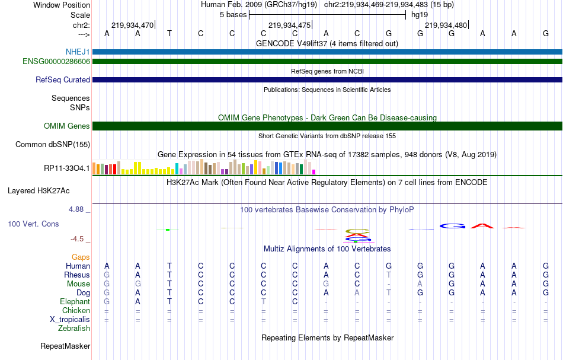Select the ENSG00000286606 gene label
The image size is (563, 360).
coord(56,61)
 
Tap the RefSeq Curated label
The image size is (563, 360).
coord(63,79)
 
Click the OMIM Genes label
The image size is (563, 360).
coord(67,126)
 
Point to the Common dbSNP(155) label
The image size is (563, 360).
coord(53,144)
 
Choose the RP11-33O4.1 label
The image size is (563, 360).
coord(67,168)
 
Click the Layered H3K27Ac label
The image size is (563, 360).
coord(39,191)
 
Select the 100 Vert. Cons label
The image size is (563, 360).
coord(33,224)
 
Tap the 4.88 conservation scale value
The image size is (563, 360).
coord(78,209)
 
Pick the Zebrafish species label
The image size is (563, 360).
coord(74,328)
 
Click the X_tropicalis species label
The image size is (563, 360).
coord(70,319)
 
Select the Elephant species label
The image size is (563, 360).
coord(75,301)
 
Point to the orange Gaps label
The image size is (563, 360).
coord(81,257)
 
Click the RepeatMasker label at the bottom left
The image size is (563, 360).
coord(65,346)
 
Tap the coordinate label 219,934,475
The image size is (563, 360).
coord(289,25)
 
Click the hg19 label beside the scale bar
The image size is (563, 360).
coord(420,15)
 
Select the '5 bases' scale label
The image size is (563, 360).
coord(233,15)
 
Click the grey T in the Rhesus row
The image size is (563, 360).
coord(389,275)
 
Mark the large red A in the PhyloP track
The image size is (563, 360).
coord(484,225)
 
